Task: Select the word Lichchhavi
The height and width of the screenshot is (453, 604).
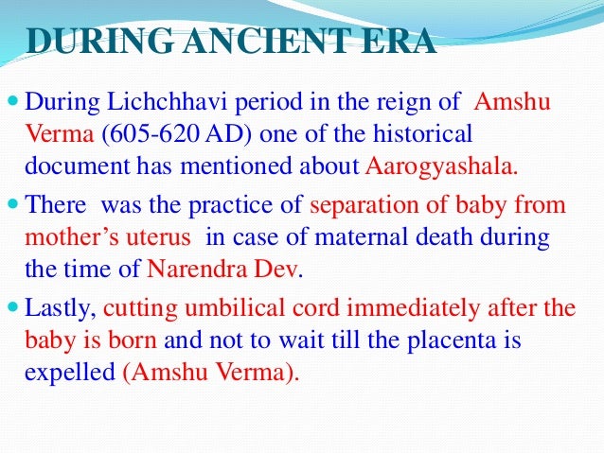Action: pyautogui.click(x=167, y=101)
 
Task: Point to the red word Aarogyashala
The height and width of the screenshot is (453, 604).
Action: pyautogui.click(x=441, y=166)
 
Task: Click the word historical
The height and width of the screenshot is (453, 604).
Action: pyautogui.click(x=422, y=133)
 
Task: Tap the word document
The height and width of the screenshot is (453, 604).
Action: pyautogui.click(x=78, y=166)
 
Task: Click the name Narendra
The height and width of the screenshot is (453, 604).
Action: pyautogui.click(x=197, y=269)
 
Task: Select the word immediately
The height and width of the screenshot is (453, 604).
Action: pyautogui.click(x=414, y=309)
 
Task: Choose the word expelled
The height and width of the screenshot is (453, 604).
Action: pyautogui.click(x=70, y=373)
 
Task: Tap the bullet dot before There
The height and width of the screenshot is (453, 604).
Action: pyautogui.click(x=13, y=203)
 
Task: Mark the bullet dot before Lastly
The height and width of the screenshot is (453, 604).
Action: pyautogui.click(x=13, y=306)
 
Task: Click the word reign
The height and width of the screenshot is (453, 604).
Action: pyautogui.click(x=403, y=103)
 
